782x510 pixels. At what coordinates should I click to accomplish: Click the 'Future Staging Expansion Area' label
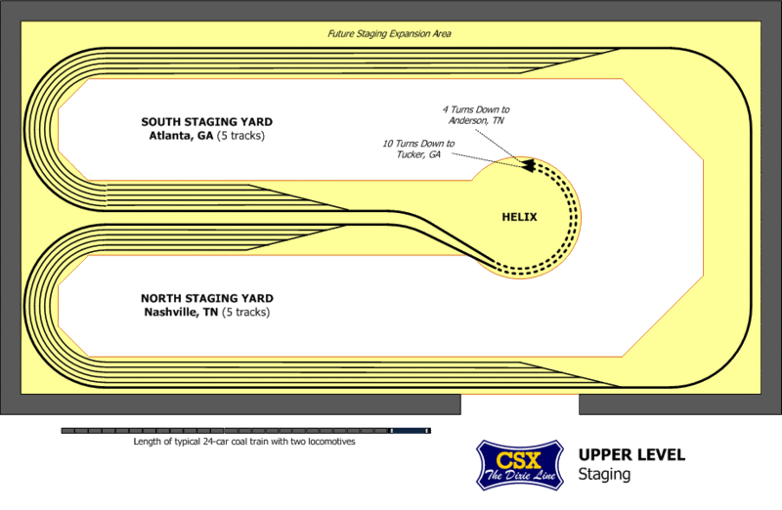coord(389,34)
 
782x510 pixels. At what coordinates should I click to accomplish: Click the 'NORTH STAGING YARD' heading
coord(205,298)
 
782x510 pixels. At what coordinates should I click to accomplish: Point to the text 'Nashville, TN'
coord(180,313)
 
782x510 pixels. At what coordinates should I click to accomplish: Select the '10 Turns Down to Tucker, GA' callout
coord(417,149)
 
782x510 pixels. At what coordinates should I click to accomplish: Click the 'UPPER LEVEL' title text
coord(631,455)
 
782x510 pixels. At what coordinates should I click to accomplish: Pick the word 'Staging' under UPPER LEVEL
coord(604,475)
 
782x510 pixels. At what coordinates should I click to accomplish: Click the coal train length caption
coord(243,442)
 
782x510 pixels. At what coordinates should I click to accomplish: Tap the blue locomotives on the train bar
coord(411,430)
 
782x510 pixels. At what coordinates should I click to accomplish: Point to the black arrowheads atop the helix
coord(529,165)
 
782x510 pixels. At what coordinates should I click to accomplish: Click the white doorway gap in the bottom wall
coord(519,404)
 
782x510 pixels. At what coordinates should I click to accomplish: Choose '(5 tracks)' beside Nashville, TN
coord(245,313)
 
